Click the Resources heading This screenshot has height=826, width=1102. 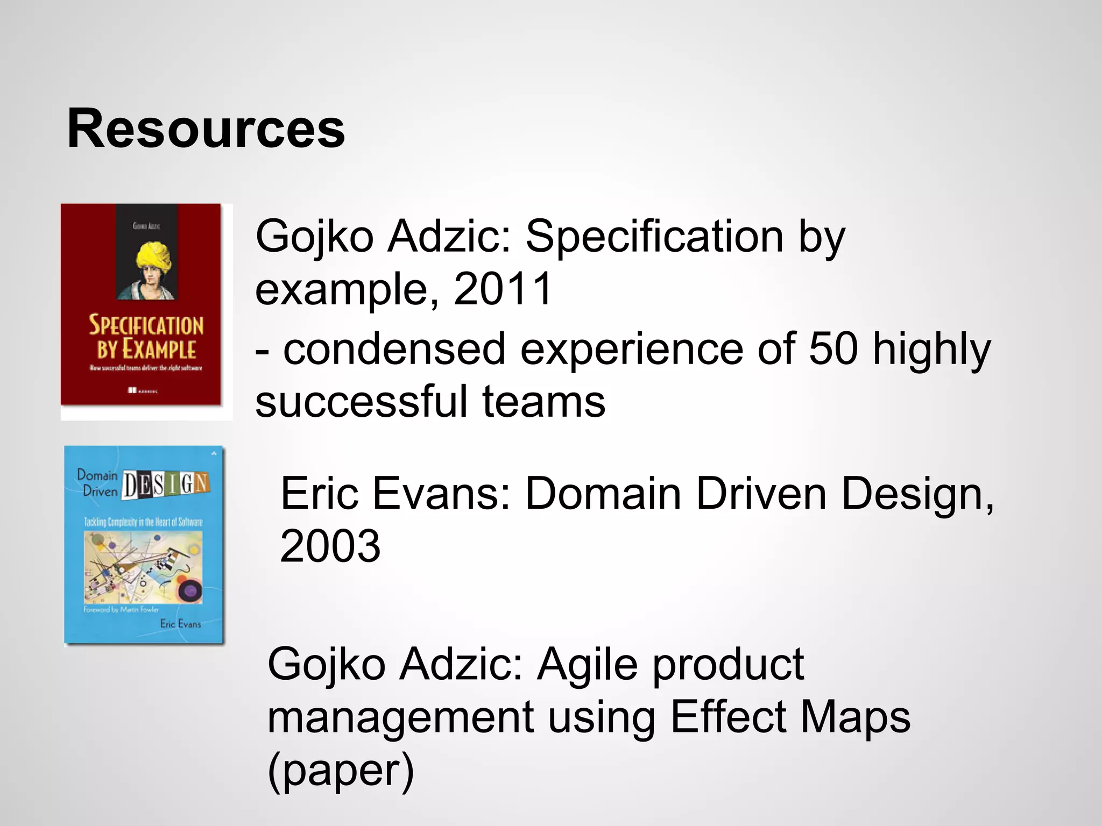click(206, 129)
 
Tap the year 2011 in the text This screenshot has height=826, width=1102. click(503, 289)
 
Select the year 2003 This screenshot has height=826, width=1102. click(330, 546)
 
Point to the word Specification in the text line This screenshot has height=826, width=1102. click(654, 237)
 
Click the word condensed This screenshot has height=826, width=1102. click(394, 348)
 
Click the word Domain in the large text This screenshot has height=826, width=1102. click(603, 493)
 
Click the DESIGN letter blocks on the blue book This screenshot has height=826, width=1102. click(166, 484)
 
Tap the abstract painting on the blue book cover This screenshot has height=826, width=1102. click(143, 567)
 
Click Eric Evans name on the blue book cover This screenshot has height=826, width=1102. click(180, 624)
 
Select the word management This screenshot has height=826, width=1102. click(400, 717)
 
